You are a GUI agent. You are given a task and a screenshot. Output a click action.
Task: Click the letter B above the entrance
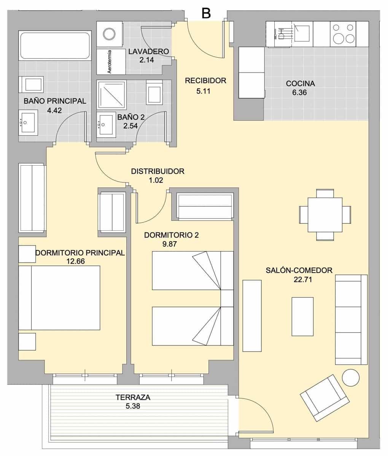(x=206, y=13)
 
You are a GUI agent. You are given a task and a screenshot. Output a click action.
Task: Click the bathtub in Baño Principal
(x=55, y=46)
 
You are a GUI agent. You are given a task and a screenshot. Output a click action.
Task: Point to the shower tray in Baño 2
(x=111, y=95)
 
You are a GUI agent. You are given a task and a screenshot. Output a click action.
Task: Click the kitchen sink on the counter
(x=303, y=29)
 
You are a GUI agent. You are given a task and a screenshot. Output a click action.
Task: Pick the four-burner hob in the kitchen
(x=343, y=34)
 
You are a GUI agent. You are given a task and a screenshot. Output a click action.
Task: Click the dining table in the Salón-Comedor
(x=325, y=215)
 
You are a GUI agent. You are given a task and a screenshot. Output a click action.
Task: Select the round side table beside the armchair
(x=350, y=378)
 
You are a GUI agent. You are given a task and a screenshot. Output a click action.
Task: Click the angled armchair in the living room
(x=325, y=397)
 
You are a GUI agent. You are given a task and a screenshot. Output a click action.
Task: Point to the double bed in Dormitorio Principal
(x=59, y=298)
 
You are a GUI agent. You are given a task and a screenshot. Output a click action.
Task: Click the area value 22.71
(x=299, y=280)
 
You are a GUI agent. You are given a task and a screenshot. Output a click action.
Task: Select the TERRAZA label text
(x=133, y=397)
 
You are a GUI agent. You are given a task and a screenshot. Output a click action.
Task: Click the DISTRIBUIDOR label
(x=157, y=171)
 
